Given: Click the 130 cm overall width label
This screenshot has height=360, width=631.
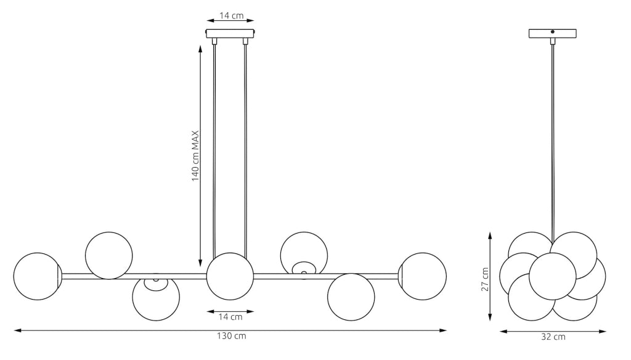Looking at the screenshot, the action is pyautogui.click(x=232, y=336).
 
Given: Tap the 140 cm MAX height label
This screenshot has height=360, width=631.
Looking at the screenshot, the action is pyautogui.click(x=195, y=156).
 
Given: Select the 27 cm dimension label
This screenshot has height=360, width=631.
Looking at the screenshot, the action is pyautogui.click(x=486, y=279).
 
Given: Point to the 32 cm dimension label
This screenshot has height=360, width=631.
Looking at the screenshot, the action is pyautogui.click(x=553, y=337).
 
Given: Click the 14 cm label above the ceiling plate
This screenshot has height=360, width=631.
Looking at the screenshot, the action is pyautogui.click(x=232, y=15).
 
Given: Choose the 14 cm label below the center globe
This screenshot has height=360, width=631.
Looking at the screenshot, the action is pyautogui.click(x=230, y=317).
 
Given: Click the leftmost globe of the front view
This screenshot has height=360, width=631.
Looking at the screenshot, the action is pyautogui.click(x=38, y=276).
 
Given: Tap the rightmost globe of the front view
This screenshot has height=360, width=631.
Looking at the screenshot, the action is pyautogui.click(x=423, y=276).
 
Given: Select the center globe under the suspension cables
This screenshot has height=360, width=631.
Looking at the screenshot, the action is pyautogui.click(x=230, y=276).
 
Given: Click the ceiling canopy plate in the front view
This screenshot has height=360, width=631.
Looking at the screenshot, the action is pyautogui.click(x=230, y=33).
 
